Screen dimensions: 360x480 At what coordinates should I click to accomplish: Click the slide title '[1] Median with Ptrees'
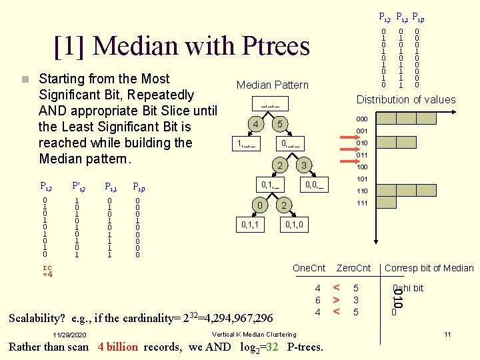tap(182, 45)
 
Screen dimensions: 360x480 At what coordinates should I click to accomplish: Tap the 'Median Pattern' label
tap(273, 85)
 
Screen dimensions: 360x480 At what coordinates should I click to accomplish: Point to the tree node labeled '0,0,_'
tap(314, 184)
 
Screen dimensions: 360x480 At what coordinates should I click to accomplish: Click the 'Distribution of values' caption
tap(406, 100)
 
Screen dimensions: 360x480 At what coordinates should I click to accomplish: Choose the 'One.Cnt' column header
tap(309, 268)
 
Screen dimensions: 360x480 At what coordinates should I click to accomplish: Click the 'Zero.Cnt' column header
tap(353, 268)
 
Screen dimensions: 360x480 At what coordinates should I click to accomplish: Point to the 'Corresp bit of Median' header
tap(429, 268)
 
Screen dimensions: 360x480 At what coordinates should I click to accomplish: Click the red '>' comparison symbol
tap(337, 300)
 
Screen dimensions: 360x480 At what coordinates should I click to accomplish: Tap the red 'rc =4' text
tap(47, 271)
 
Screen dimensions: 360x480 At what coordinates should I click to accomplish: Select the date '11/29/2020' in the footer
tap(70, 335)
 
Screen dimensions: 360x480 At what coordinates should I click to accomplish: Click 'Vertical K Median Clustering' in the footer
tap(253, 334)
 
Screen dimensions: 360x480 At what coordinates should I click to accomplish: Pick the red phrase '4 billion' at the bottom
tap(118, 347)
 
